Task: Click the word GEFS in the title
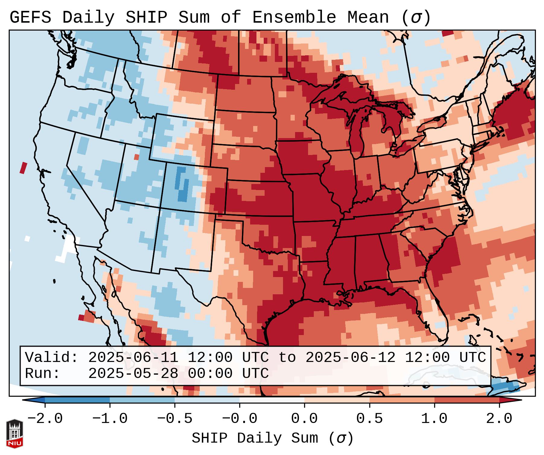[x=30, y=18]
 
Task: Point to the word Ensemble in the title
[x=294, y=18]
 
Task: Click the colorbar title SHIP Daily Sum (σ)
[x=272, y=438]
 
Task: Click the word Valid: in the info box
[x=52, y=357]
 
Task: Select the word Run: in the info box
[x=43, y=373]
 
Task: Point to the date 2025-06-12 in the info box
[x=350, y=357]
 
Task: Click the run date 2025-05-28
[x=133, y=373]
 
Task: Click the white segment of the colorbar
[x=272, y=400]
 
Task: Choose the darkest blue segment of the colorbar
[x=77, y=400]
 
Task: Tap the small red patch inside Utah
[x=136, y=157]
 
